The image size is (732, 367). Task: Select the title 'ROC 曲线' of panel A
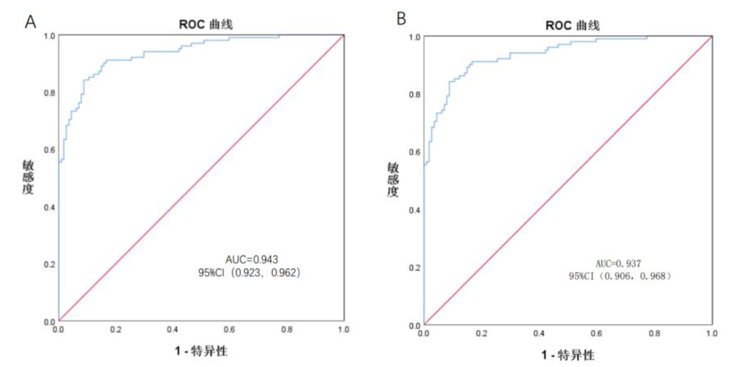tap(201, 24)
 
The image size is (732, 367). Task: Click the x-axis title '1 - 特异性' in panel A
tap(201, 351)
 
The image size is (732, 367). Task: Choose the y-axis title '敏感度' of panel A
tap(28, 177)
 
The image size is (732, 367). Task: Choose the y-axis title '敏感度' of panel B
tap(393, 180)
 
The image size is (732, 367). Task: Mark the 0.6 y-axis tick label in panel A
tap(49, 150)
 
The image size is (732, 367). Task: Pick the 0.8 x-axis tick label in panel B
tap(654, 333)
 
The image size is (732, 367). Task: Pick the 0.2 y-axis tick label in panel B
tap(415, 267)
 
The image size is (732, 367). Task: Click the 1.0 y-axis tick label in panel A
tap(49, 35)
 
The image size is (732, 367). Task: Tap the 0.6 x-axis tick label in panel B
tap(597, 333)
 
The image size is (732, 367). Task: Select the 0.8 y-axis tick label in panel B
tap(415, 94)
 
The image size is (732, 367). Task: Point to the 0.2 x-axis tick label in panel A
tap(116, 329)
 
